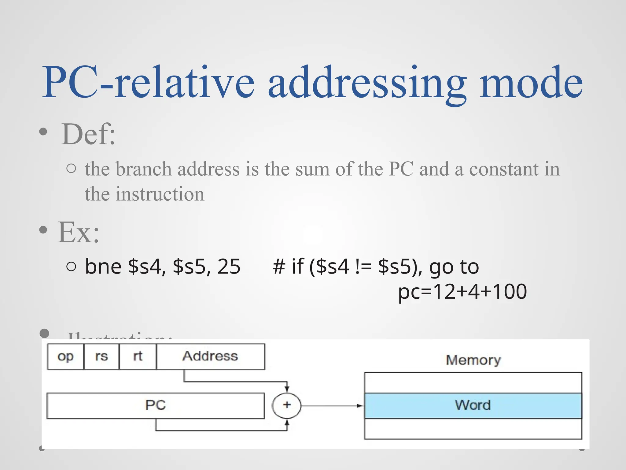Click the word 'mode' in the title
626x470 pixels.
click(531, 83)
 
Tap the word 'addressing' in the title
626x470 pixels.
click(367, 83)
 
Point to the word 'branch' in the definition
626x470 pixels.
click(144, 169)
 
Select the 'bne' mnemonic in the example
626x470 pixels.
click(103, 266)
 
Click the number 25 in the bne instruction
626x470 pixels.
click(229, 266)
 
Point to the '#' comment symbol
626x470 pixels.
click(278, 266)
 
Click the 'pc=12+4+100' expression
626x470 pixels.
click(462, 291)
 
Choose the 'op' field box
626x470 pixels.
click(65, 356)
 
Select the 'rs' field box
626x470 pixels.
click(101, 356)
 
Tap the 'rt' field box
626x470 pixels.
click(138, 356)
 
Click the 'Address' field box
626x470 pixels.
click(210, 356)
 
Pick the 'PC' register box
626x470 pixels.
click(156, 405)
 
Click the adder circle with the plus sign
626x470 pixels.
click(287, 405)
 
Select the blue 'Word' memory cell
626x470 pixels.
click(473, 405)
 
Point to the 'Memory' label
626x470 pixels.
click(473, 360)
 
